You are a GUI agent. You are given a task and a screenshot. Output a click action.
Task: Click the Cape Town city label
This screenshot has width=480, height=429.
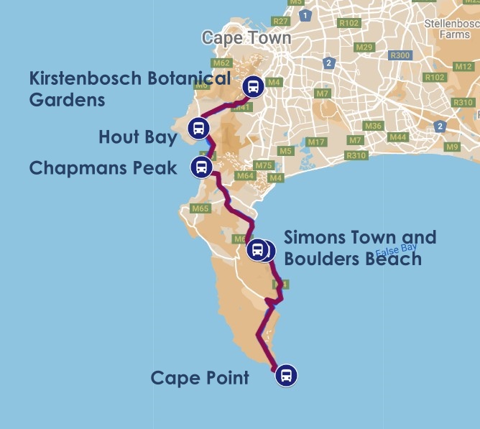click(246, 38)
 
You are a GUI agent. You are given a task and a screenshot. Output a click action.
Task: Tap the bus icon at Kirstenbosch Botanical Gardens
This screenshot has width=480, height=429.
click(252, 87)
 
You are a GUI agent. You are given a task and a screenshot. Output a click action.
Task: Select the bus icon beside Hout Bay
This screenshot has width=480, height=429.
click(198, 129)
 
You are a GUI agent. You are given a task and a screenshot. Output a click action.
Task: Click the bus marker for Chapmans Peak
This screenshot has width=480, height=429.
click(200, 167)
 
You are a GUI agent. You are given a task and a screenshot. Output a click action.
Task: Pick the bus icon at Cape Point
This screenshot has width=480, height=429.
click(286, 374)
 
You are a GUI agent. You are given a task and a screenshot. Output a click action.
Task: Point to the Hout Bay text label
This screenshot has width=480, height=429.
click(138, 136)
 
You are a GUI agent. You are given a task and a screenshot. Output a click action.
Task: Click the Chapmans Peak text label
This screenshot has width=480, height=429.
click(103, 168)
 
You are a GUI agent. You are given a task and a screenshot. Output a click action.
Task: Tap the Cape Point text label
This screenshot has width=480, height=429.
click(200, 377)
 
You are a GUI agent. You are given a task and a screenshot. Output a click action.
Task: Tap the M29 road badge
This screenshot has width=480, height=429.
click(365, 47)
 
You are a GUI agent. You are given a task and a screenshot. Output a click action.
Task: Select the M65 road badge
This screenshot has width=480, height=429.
click(200, 209)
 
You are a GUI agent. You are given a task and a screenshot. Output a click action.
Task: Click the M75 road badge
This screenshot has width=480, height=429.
click(264, 165)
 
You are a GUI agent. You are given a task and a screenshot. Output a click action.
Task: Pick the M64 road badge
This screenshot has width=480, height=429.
click(245, 175)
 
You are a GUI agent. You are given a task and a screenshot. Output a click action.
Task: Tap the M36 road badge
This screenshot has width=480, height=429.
click(373, 126)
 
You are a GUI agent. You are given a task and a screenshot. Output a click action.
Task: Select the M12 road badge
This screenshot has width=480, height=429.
click(464, 67)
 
